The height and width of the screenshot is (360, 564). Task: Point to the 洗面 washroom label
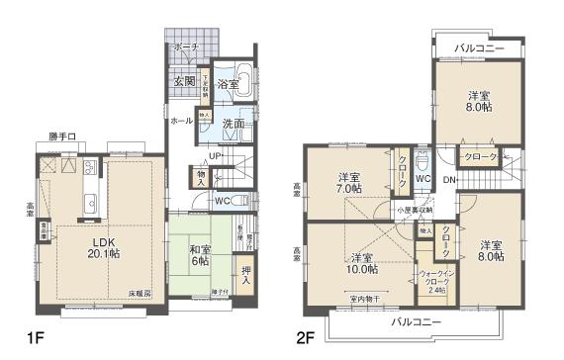[x=234, y=126]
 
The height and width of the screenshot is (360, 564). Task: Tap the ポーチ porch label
[x=186, y=47]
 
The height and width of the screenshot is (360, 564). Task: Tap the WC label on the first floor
[x=225, y=201]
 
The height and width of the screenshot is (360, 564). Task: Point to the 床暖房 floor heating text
[x=140, y=295]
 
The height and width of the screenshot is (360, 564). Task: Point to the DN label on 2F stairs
[x=448, y=180]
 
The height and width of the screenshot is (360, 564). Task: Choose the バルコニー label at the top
[x=481, y=47]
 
